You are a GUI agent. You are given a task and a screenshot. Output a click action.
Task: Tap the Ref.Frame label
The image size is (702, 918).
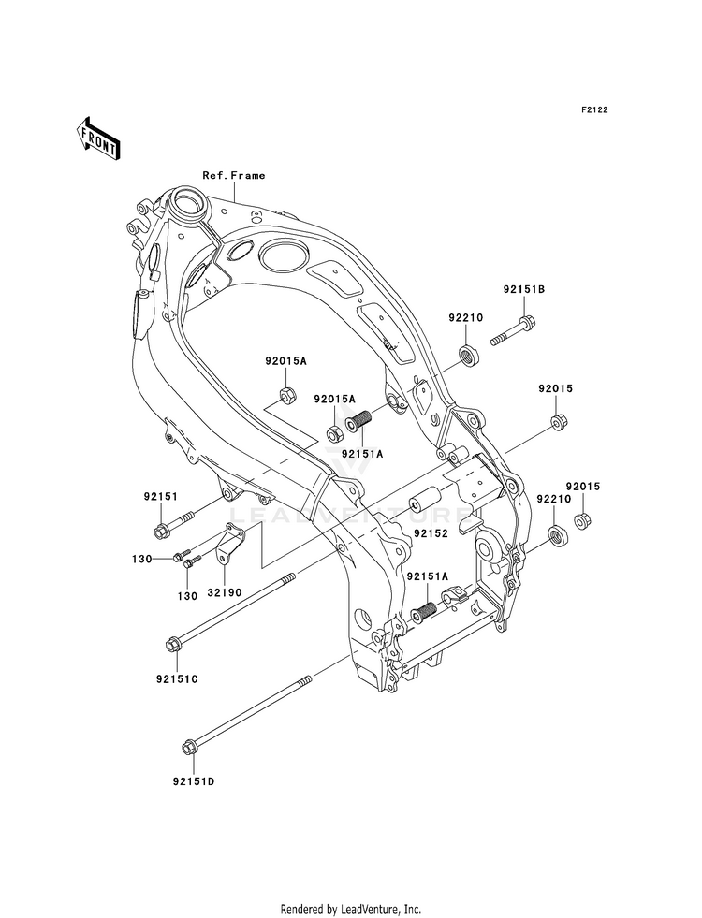[x=234, y=175]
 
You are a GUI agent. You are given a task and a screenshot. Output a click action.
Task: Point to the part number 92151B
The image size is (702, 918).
[x=523, y=289]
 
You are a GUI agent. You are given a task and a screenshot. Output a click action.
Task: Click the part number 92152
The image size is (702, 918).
[x=431, y=533]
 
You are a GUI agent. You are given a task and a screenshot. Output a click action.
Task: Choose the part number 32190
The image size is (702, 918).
[x=225, y=592]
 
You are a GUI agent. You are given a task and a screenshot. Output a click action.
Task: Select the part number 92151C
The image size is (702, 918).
[x=177, y=679]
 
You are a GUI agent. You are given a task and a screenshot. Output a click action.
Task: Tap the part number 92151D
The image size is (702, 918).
[x=193, y=781]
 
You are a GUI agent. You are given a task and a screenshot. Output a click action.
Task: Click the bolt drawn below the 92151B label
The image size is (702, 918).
[x=514, y=330]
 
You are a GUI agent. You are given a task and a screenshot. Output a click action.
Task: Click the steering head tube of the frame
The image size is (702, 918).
[x=186, y=204]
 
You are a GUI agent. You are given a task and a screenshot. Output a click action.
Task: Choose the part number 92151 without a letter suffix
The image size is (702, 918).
[x=160, y=497]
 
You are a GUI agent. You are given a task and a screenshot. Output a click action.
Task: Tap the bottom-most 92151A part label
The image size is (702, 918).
[x=428, y=576]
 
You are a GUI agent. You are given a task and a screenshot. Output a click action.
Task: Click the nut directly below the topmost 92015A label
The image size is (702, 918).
[x=287, y=397]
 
